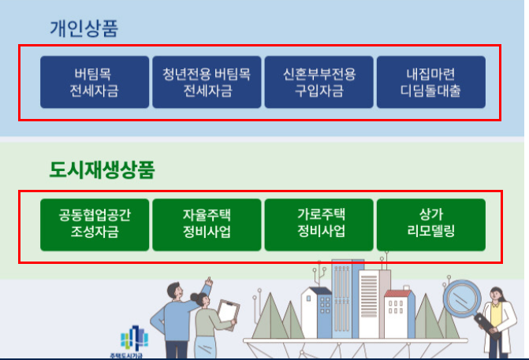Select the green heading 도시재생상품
pos(102,169)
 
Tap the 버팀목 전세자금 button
pos(95,82)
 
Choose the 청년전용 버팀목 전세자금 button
pos(207,82)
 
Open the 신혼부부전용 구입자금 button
pos(319,82)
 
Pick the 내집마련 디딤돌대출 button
pos(430,82)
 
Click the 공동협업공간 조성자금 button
pos(95,225)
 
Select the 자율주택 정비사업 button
pos(207,225)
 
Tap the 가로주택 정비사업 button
pos(319,225)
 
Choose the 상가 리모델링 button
pos(430,225)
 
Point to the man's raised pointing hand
pos(208,281)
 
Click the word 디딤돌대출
pos(430,91)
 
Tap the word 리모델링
pos(430,233)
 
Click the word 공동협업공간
pos(95,215)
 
